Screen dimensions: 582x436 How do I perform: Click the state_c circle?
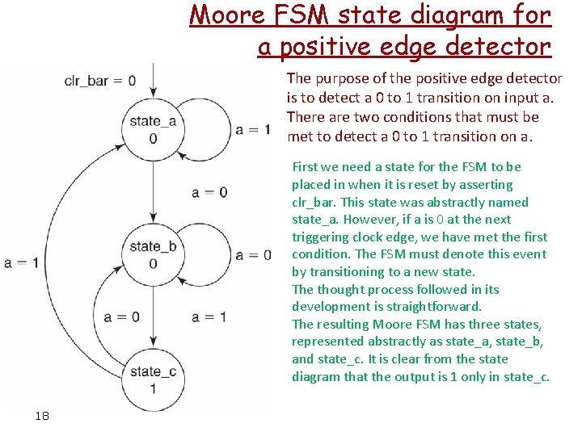coord(151,379)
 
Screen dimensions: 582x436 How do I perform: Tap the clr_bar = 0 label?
coord(100,81)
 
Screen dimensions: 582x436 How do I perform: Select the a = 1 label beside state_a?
coord(253,129)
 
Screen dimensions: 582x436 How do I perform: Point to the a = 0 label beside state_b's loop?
coord(253,255)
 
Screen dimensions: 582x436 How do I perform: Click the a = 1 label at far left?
coord(21,262)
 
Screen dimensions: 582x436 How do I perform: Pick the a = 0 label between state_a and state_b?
coord(209,192)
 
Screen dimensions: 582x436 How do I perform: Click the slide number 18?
coord(42,415)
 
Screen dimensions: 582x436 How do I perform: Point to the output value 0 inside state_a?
coord(153,138)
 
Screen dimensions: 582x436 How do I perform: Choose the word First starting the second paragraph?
coord(305,167)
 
